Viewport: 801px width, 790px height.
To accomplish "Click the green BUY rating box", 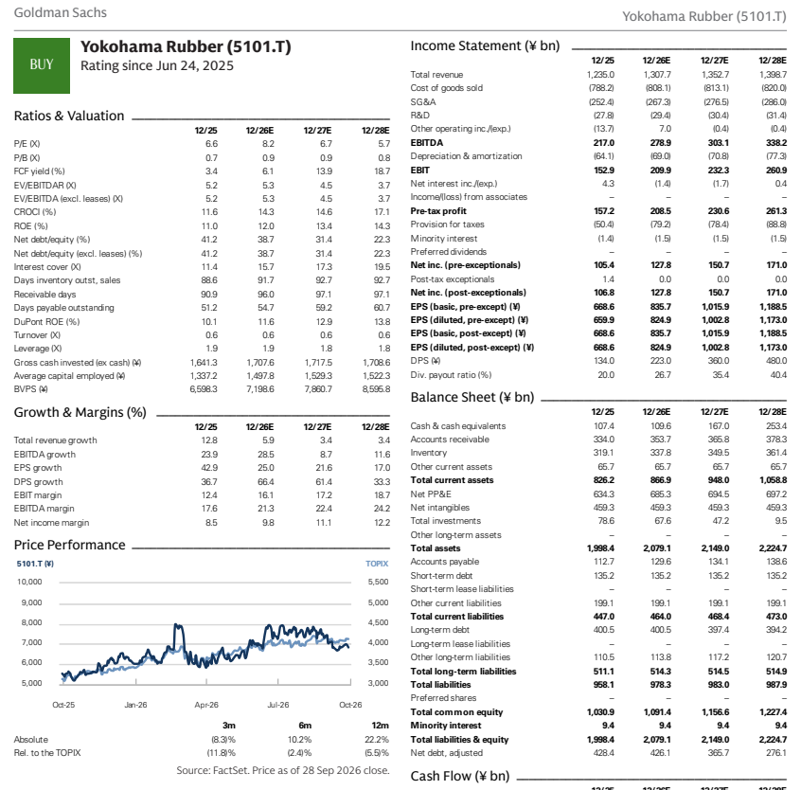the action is point(42,65).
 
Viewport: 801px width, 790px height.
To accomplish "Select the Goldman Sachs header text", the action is point(61,12).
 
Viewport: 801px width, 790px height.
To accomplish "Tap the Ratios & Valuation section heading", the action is point(69,116).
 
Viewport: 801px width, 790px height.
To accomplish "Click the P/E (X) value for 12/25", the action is point(211,144).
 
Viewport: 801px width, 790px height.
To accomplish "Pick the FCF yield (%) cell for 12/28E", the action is point(382,171).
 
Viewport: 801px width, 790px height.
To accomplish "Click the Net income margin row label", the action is point(51,523).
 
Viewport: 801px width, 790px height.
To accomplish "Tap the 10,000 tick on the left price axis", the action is point(29,582).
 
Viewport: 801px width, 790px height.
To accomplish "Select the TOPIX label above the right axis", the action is point(377,564).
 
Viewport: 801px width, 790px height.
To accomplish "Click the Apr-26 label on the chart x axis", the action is point(206,705).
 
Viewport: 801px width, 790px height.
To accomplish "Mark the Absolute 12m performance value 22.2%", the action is point(377,740).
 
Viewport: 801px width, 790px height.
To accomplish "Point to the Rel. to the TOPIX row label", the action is point(47,753).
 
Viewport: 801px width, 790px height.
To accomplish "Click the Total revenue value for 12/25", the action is point(600,75).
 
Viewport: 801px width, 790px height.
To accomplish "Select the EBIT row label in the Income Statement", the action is point(420,171).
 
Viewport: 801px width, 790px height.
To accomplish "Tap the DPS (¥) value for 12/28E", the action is point(776,361).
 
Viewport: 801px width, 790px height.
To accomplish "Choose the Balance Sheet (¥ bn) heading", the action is point(472,398).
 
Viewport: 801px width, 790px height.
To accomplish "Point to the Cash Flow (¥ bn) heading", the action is point(460,776).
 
